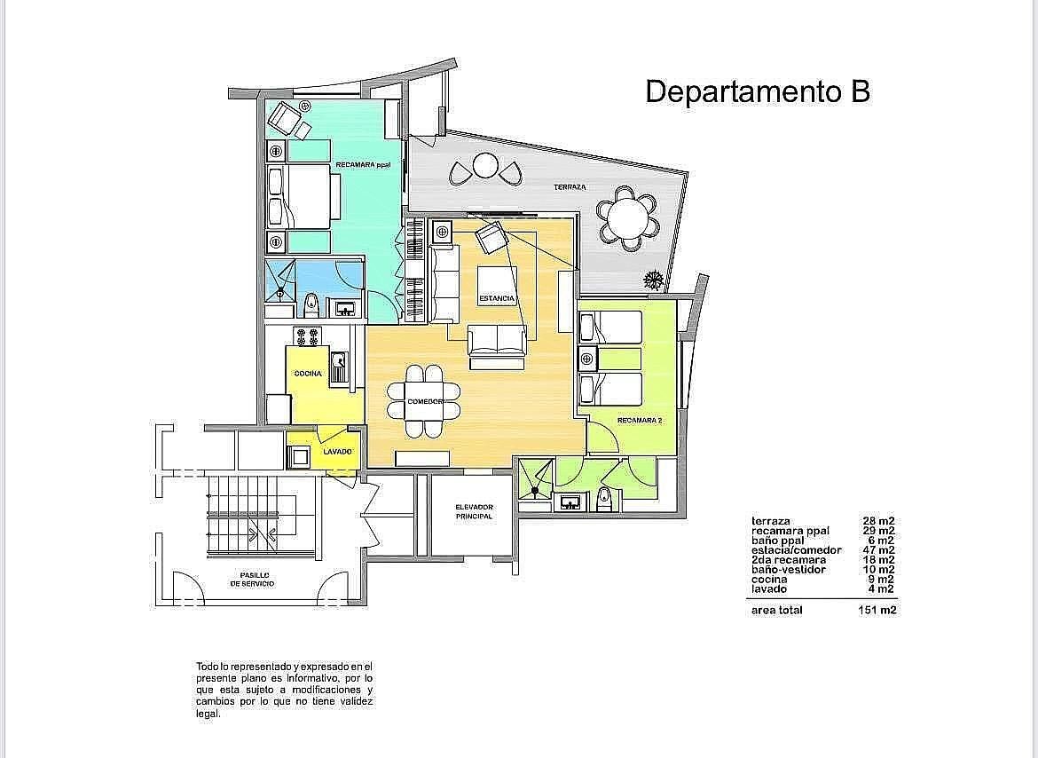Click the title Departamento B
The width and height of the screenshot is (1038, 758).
click(x=758, y=91)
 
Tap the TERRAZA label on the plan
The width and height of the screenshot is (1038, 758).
click(x=570, y=187)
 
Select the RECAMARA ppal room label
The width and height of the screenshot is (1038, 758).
click(x=364, y=164)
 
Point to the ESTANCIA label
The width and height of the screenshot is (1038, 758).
click(x=497, y=298)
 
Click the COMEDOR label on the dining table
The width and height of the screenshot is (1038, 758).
click(x=424, y=402)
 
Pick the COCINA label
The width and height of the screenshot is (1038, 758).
click(x=308, y=374)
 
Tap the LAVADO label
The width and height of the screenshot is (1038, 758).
click(x=338, y=452)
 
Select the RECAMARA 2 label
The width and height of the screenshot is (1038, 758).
click(x=640, y=421)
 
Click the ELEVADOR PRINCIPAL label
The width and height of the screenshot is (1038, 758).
click(x=474, y=512)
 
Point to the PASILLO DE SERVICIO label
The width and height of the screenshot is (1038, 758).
click(x=252, y=580)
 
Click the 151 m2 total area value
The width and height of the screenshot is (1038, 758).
click(x=877, y=611)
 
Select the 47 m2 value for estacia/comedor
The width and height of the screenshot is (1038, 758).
click(x=878, y=550)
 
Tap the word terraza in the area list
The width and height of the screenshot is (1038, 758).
click(x=771, y=522)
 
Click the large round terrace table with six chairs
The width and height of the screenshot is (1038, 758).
click(x=627, y=217)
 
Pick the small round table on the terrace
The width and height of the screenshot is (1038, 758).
click(x=485, y=165)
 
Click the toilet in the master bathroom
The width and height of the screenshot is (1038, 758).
click(x=311, y=306)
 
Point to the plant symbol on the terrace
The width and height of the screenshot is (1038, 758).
click(x=653, y=280)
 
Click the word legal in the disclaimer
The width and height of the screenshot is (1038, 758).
click(x=208, y=715)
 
